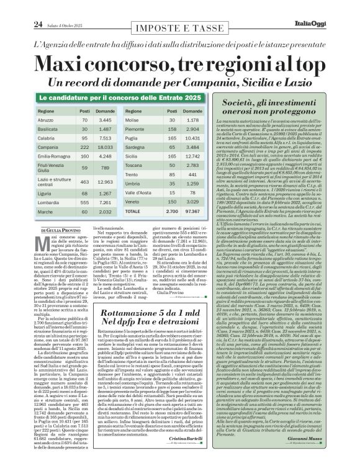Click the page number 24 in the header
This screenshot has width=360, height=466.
[20, 7]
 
